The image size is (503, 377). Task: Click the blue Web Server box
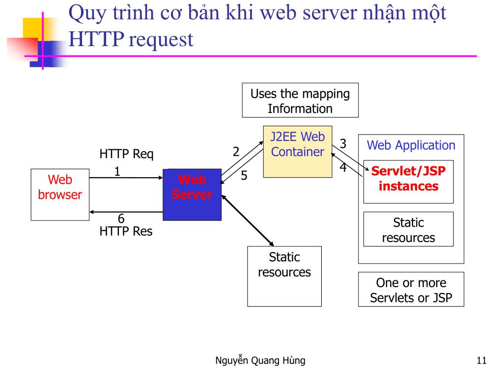coord(192,195)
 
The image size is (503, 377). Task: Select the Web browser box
coord(60,195)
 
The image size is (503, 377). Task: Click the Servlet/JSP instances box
coord(408,181)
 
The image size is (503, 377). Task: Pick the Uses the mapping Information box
coord(300,101)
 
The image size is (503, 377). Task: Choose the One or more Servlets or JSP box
coord(411,290)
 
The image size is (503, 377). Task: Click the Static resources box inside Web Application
coord(408,229)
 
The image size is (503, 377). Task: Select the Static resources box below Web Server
coord(284,276)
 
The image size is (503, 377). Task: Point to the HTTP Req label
coord(126,154)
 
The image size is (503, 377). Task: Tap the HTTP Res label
coord(126,231)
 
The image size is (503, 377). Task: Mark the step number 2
coord(236,152)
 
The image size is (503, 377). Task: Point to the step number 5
coord(244,176)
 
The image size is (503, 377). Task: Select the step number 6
coord(121,218)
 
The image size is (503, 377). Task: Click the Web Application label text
coord(411,145)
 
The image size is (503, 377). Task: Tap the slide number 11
coord(481,361)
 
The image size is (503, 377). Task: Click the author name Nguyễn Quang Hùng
coord(260,361)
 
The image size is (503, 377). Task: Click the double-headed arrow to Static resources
coord(248,220)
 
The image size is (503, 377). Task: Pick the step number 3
coord(343,144)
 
